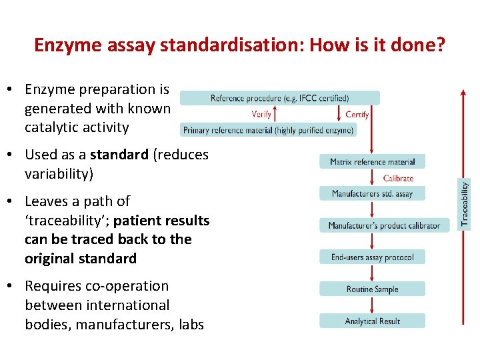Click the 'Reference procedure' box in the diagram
[280, 98]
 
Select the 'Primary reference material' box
[268, 130]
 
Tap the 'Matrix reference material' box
[372, 161]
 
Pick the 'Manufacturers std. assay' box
[372, 193]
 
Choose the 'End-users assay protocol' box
[372, 257]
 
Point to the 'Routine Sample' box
[372, 289]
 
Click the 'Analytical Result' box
[372, 321]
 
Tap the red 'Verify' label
[261, 114]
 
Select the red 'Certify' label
[357, 114]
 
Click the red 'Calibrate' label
[398, 178]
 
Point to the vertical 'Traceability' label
[465, 203]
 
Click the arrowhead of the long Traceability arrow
[463, 93]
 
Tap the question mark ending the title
[440, 45]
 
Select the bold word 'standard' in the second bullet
[119, 155]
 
